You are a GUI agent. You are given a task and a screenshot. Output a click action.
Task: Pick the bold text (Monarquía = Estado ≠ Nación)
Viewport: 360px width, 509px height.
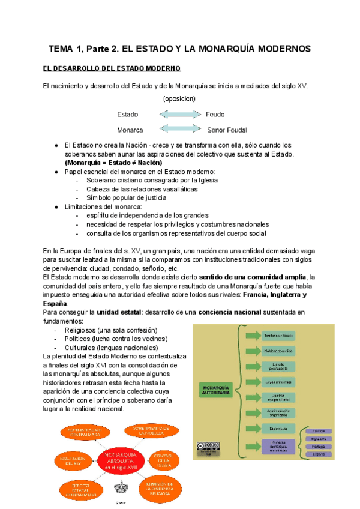click(x=113, y=163)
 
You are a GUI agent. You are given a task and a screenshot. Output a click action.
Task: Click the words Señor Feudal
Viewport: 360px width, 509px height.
click(x=227, y=130)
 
